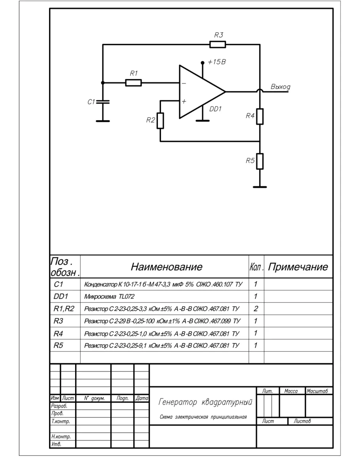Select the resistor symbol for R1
pyautogui.click(x=133, y=83)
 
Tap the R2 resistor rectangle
pyautogui.click(x=160, y=120)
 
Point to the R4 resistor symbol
pyautogui.click(x=260, y=116)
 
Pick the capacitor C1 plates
pyautogui.click(x=102, y=102)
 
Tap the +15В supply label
pyautogui.click(x=216, y=63)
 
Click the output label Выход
pyautogui.click(x=280, y=87)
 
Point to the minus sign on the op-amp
pyautogui.click(x=184, y=84)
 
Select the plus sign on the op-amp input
pyautogui.click(x=184, y=101)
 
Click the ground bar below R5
pyautogui.click(x=260, y=187)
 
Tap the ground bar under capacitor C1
pyautogui.click(x=102, y=121)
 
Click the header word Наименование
pyautogui.click(x=167, y=267)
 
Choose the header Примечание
pyautogui.click(x=298, y=267)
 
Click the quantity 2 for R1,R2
pyautogui.click(x=256, y=308)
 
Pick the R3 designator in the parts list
pyautogui.click(x=58, y=320)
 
